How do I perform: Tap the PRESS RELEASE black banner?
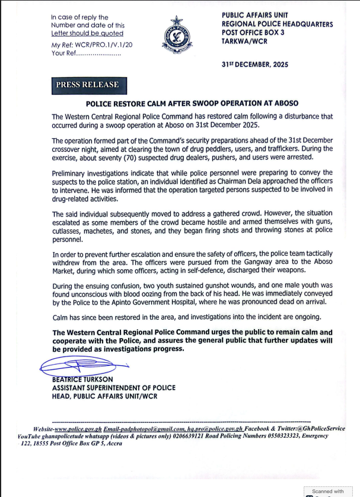click(87, 85)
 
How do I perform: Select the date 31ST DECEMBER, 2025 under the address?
click(254, 65)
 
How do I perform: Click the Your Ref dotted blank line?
click(95, 54)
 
